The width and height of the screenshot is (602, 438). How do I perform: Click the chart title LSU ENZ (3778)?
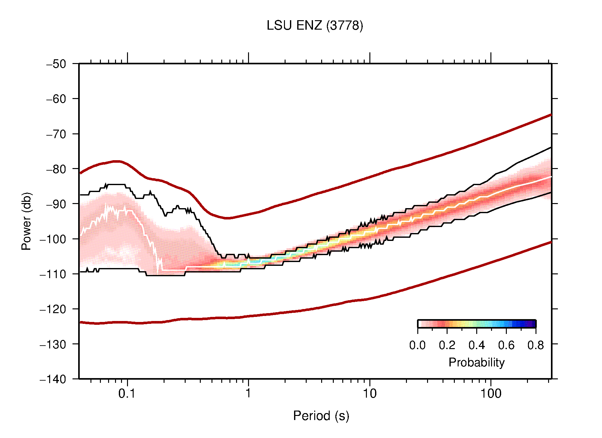point(315,26)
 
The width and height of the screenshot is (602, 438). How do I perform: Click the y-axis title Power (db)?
point(26,221)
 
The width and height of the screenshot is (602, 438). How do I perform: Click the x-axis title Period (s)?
point(321,416)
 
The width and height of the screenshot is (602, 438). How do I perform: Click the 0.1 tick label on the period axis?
point(127,393)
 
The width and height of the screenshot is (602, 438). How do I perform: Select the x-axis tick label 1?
point(248,393)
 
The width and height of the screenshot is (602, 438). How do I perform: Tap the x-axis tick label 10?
point(369,393)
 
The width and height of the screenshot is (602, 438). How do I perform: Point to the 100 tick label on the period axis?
point(490,393)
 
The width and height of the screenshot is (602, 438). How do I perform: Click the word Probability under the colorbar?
point(476,362)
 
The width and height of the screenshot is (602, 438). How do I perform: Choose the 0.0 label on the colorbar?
point(417,345)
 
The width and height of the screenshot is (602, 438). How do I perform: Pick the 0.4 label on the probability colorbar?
point(477,345)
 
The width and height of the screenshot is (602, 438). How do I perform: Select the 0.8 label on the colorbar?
point(535,345)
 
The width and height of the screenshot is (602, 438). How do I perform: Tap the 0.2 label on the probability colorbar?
point(447,345)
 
